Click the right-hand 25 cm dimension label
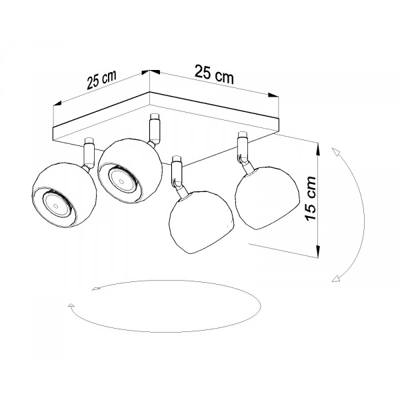click(214, 74)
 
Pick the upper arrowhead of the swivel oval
click(97, 289)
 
